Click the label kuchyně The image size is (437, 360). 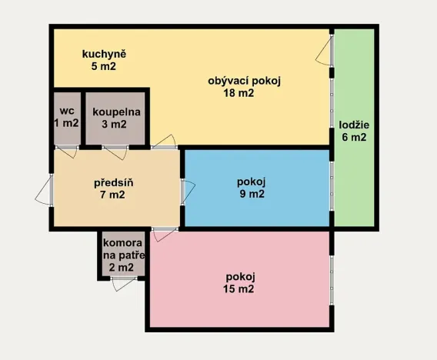[105, 55]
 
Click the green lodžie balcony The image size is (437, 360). [354, 177]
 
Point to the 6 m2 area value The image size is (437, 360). [354, 138]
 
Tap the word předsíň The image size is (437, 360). [114, 182]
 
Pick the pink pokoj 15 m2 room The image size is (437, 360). [240, 283]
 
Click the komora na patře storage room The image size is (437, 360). [122, 254]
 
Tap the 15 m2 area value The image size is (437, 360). [240, 290]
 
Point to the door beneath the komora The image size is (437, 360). [122, 283]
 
